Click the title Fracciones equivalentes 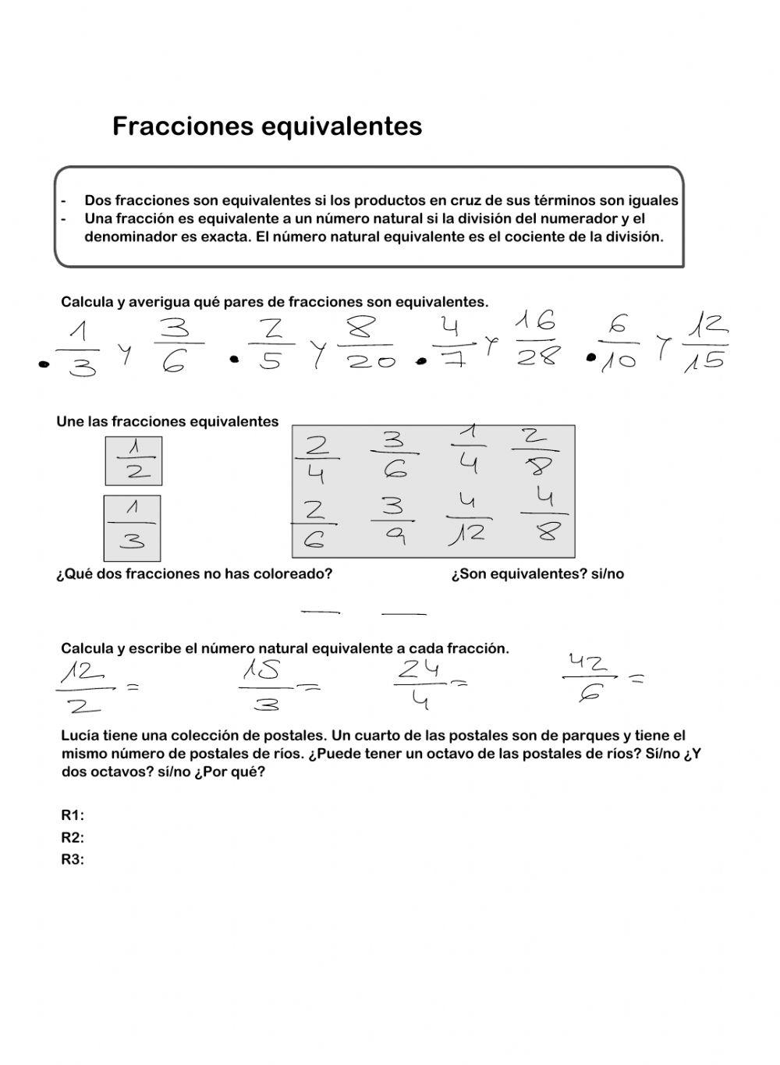tap(267, 126)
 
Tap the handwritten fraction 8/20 tap(370, 343)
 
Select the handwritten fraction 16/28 tap(537, 339)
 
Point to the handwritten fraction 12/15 tap(705, 341)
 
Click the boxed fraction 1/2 tap(133, 460)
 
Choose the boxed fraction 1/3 tap(132, 527)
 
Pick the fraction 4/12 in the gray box tap(468, 519)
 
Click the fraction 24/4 tap(420, 684)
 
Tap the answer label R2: tap(73, 838)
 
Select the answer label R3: tap(73, 860)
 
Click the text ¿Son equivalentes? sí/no tap(537, 574)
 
